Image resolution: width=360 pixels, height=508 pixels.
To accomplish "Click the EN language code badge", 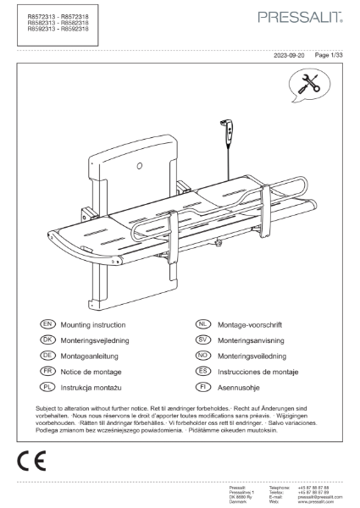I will point(48,324).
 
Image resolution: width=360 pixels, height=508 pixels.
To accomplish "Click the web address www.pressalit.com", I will point(320,501).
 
